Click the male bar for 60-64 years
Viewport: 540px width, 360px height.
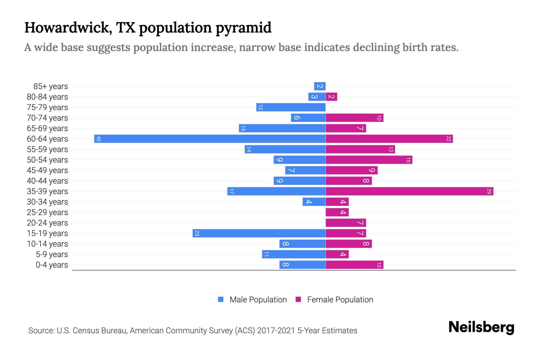pyautogui.click(x=210, y=139)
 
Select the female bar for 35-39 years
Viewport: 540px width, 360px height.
pyautogui.click(x=409, y=191)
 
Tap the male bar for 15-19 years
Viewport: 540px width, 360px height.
pyautogui.click(x=259, y=233)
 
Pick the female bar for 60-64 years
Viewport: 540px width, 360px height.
pyautogui.click(x=389, y=139)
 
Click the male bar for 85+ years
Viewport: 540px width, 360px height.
pyautogui.click(x=320, y=86)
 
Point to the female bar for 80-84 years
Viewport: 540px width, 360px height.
pyautogui.click(x=331, y=97)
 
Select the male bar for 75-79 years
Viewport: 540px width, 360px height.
pyautogui.click(x=291, y=107)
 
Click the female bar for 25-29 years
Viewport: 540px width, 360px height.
pyautogui.click(x=337, y=212)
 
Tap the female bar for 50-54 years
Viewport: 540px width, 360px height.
pyautogui.click(x=369, y=160)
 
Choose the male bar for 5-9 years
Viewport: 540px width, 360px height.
pyautogui.click(x=294, y=254)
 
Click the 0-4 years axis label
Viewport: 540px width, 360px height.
pyautogui.click(x=52, y=265)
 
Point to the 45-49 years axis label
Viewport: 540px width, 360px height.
pyautogui.click(x=47, y=170)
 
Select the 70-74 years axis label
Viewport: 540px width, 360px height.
pyautogui.click(x=47, y=118)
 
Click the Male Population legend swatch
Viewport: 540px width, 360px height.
pyautogui.click(x=221, y=299)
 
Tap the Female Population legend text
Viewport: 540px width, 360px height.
pyautogui.click(x=340, y=299)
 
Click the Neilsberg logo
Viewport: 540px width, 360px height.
pyautogui.click(x=481, y=327)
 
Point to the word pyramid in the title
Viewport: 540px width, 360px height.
pyautogui.click(x=243, y=28)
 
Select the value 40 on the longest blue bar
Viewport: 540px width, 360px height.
pyautogui.click(x=98, y=139)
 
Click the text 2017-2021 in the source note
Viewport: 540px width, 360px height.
pyautogui.click(x=276, y=331)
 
